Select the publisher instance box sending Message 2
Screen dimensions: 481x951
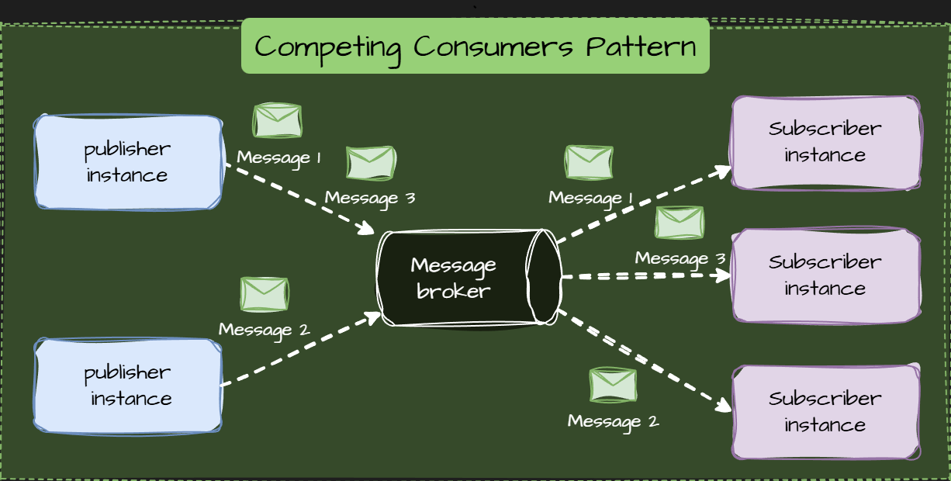[x=128, y=386]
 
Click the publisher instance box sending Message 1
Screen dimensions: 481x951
[x=128, y=162]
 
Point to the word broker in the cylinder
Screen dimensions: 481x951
[x=453, y=292]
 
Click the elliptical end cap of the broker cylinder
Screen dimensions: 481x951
[x=544, y=277]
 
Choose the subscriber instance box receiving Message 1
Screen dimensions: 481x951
[x=826, y=143]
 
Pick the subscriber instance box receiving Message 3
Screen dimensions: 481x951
[x=826, y=275]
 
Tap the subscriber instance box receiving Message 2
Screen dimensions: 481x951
[x=826, y=412]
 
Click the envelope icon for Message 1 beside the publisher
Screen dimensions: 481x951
[x=278, y=120]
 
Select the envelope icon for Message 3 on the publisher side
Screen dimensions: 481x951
[x=371, y=163]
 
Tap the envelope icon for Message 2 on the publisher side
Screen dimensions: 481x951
[x=265, y=294]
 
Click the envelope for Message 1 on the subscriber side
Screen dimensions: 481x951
[x=590, y=162]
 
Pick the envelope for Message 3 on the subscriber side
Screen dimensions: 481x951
[x=680, y=223]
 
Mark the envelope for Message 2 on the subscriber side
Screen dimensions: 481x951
[x=613, y=385]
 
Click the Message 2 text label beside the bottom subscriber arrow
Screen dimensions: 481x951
[x=613, y=421]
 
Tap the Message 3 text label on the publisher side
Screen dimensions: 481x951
[x=370, y=197]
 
